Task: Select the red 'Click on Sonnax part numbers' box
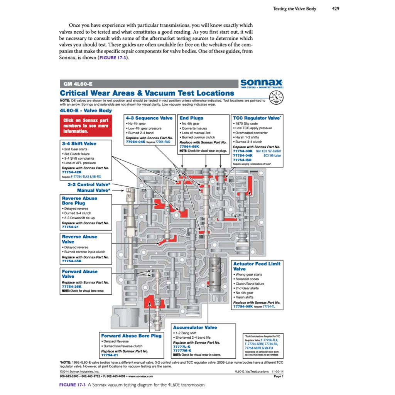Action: (x=86, y=126)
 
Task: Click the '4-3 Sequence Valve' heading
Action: (x=149, y=118)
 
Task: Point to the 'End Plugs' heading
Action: (x=191, y=118)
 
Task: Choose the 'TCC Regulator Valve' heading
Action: (x=256, y=118)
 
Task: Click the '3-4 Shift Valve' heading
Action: (x=79, y=143)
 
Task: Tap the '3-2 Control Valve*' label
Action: (x=89, y=185)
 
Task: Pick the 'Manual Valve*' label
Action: (x=93, y=190)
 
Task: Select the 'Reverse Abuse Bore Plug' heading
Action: (x=79, y=201)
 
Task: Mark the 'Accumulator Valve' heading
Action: (x=195, y=327)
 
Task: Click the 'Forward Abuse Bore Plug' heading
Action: (x=131, y=336)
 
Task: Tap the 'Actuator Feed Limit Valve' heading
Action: (x=257, y=266)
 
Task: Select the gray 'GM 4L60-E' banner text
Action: (x=76, y=84)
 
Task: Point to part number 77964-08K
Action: (x=189, y=147)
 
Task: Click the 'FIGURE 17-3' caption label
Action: (x=73, y=385)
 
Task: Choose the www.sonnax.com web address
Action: (x=140, y=376)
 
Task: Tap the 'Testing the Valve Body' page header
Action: (x=294, y=8)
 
